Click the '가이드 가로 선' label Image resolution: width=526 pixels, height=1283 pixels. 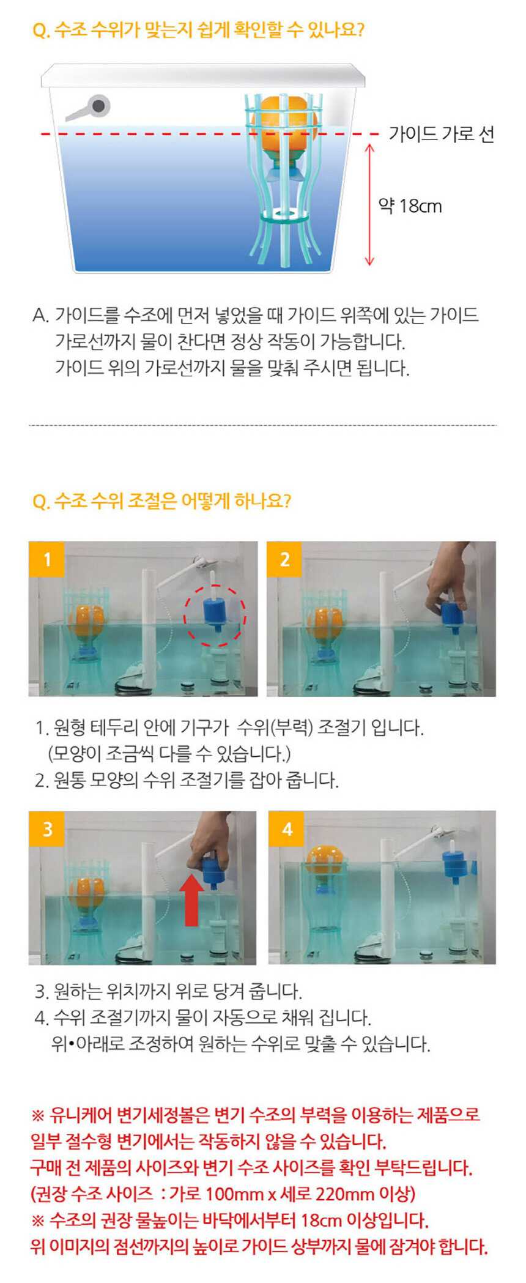[442, 134]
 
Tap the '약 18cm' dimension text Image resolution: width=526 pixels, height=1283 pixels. [410, 206]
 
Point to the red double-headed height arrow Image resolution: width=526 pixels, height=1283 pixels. [369, 205]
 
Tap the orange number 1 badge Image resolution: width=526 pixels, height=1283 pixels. [46, 559]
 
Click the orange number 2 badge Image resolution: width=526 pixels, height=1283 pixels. [284, 559]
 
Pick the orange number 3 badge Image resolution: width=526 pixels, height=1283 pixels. [46, 829]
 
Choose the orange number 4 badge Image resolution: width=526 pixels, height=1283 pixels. [286, 829]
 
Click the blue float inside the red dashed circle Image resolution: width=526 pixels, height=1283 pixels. [215, 612]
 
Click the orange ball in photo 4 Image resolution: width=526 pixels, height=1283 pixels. [324, 860]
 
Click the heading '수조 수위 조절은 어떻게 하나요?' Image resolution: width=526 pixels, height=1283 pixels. [161, 501]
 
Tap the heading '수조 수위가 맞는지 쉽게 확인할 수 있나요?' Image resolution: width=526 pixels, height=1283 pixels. [198, 30]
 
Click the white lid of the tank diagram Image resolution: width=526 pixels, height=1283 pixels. [203, 75]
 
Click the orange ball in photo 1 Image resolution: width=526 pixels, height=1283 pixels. [86, 622]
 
